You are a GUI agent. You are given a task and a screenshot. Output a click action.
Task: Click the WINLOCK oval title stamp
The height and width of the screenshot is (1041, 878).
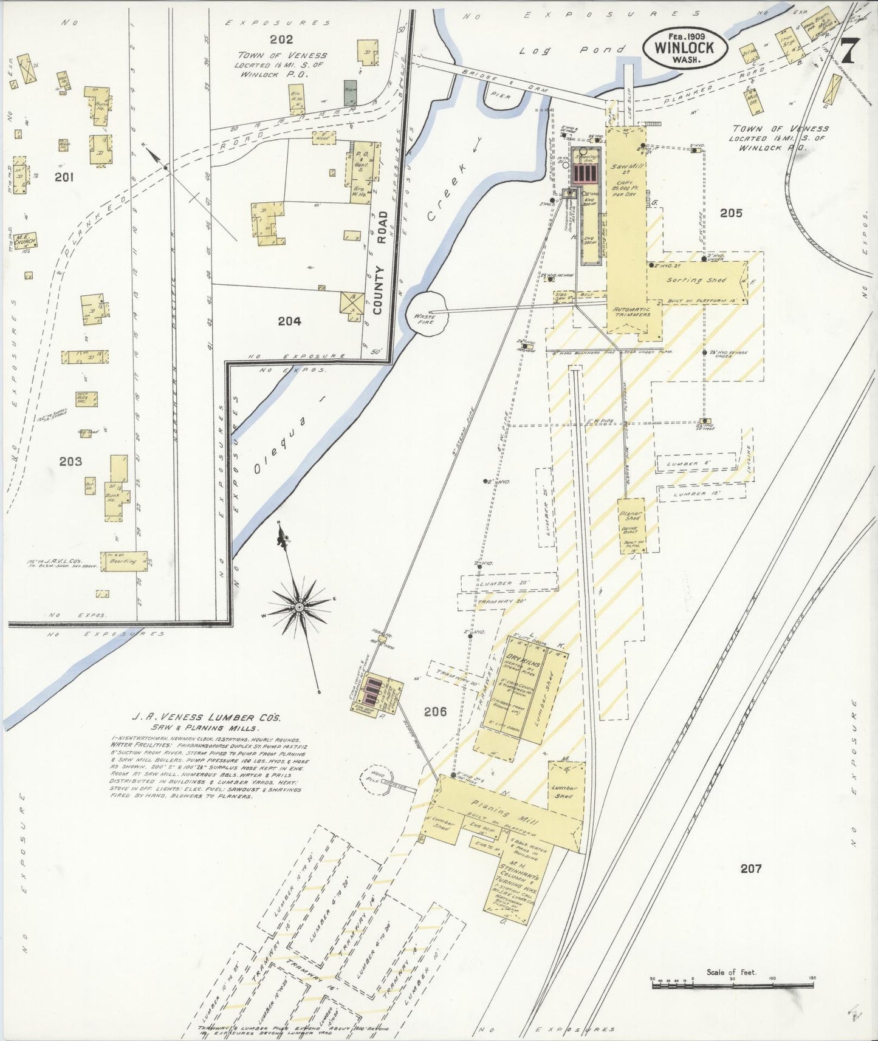tap(685, 47)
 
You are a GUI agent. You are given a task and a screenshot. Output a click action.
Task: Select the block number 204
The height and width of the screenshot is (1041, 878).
tap(289, 321)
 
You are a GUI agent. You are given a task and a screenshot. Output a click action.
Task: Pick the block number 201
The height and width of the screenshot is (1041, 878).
tap(64, 177)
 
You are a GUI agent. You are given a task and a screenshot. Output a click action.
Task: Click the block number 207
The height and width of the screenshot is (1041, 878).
tap(751, 869)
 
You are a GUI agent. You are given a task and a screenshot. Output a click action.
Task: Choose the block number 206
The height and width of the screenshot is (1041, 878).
tap(436, 711)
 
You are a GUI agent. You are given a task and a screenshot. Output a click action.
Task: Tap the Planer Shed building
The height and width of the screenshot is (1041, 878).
tap(631, 525)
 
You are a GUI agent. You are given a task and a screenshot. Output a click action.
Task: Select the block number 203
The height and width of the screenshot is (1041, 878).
tap(70, 462)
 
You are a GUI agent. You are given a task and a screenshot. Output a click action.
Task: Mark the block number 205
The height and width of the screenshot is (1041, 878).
tap(731, 213)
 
